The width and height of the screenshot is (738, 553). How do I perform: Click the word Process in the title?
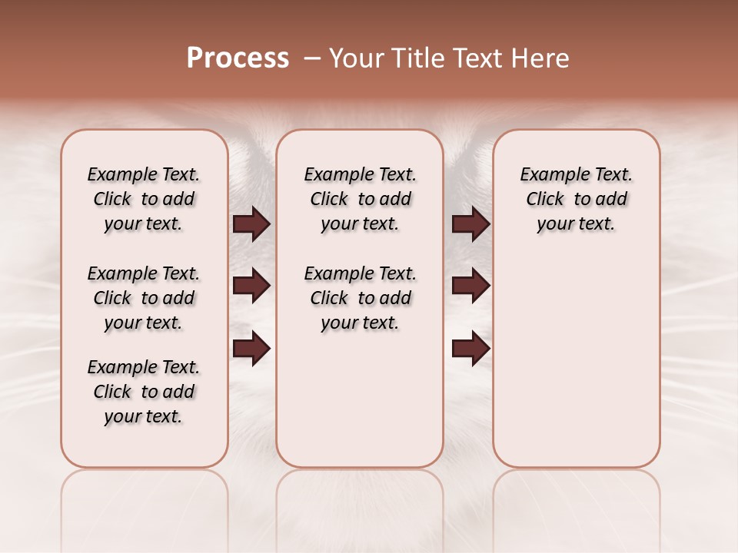coord(238,58)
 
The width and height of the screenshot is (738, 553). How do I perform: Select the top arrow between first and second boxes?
coord(251,224)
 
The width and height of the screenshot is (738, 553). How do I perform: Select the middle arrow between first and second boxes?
coord(251,286)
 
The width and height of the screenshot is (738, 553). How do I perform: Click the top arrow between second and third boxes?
coord(470,224)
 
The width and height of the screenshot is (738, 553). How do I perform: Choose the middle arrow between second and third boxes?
coord(470,286)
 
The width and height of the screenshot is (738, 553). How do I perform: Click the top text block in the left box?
coord(144,199)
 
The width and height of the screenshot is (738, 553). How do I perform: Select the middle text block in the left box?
coord(144,298)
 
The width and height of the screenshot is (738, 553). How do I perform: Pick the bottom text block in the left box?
coord(144,392)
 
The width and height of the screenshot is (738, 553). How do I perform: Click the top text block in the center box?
coord(360,199)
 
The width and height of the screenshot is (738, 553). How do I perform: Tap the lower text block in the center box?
coord(360,298)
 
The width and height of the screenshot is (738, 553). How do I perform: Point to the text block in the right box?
coord(576,199)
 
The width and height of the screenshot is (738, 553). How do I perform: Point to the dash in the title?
coord(312,58)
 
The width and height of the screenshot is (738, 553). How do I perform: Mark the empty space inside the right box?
coord(576,353)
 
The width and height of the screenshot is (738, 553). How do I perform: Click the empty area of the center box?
coord(360,399)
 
